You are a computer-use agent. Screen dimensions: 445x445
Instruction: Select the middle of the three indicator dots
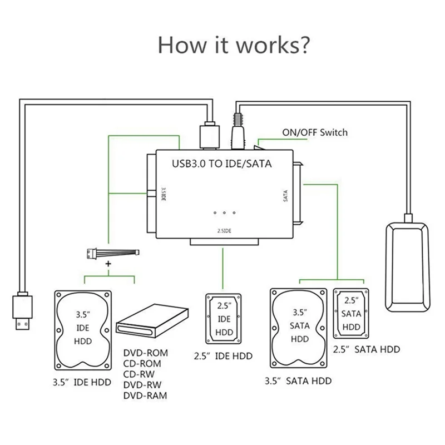point(224,213)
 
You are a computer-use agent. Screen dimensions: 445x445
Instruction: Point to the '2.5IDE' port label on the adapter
point(224,230)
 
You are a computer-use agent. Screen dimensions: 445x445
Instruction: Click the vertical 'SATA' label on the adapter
point(285,196)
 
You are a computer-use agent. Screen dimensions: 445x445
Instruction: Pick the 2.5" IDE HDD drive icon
point(224,318)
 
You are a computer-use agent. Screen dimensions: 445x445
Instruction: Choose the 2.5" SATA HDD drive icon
point(351,313)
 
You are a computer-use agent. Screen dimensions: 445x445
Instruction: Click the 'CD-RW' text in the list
point(139,374)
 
